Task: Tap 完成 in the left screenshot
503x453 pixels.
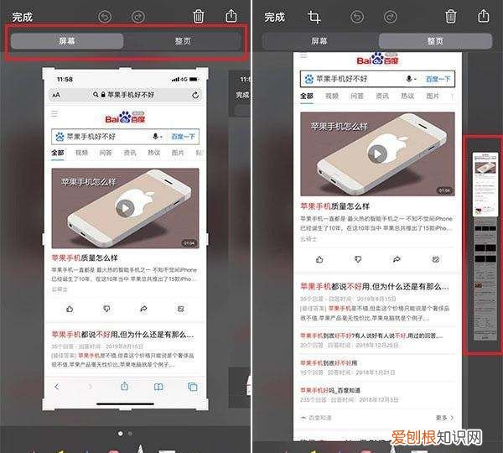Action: [22, 16]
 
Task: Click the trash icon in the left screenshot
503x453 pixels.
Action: [199, 16]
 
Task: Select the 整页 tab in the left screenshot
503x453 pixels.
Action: [183, 41]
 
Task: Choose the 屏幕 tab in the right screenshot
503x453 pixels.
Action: [319, 41]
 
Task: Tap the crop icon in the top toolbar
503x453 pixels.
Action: [314, 16]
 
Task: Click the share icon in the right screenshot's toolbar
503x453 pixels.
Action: [483, 16]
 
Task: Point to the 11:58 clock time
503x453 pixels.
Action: [65, 79]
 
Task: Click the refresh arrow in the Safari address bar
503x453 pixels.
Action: [195, 96]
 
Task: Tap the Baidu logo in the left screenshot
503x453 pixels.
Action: [126, 117]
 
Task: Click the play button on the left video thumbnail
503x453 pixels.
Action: [125, 207]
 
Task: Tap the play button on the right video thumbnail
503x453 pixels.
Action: [377, 154]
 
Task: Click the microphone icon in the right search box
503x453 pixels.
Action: [410, 78]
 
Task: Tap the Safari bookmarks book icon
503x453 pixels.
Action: [158, 387]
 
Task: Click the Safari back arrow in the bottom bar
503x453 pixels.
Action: [57, 387]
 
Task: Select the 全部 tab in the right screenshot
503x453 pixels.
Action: [306, 96]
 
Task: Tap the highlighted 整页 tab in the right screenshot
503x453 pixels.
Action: [434, 41]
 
